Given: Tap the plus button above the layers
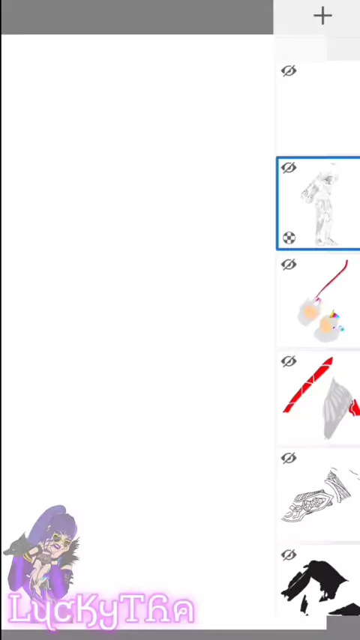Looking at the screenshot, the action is coord(322,16).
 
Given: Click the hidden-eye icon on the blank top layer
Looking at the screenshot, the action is coord(289,70).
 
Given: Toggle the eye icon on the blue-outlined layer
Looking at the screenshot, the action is coord(289,167).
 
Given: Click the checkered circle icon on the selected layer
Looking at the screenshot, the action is coord(289,238).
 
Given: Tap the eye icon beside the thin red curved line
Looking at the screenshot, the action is coord(289,265).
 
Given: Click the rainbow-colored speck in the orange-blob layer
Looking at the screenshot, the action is coord(334,314).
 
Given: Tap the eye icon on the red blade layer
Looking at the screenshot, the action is coord(289,361).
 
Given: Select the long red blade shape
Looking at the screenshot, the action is coord(307,386).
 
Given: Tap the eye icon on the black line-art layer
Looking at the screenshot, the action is coord(289,458).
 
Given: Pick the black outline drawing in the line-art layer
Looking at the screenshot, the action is coord(316,497).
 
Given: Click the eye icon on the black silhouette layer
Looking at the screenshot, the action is coord(289,555).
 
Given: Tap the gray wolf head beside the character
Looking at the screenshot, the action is coord(16,545).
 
